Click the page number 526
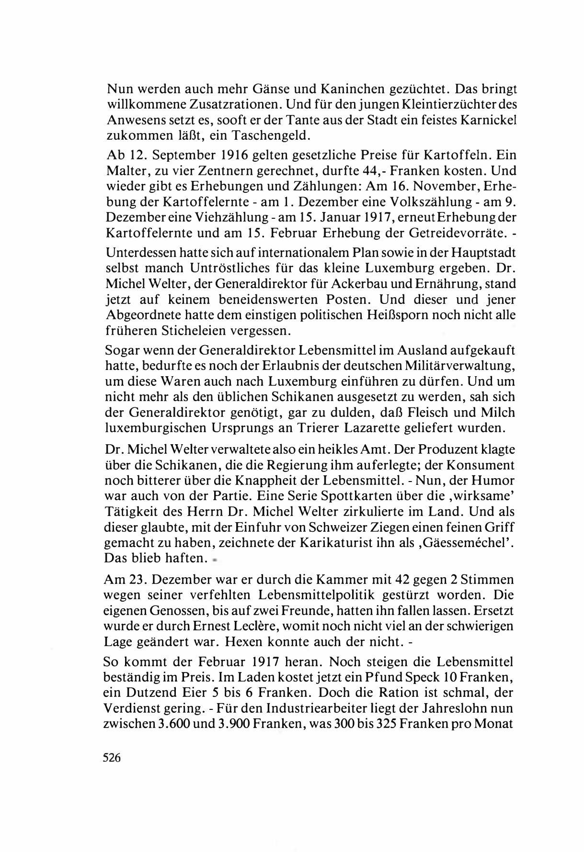(x=113, y=758)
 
